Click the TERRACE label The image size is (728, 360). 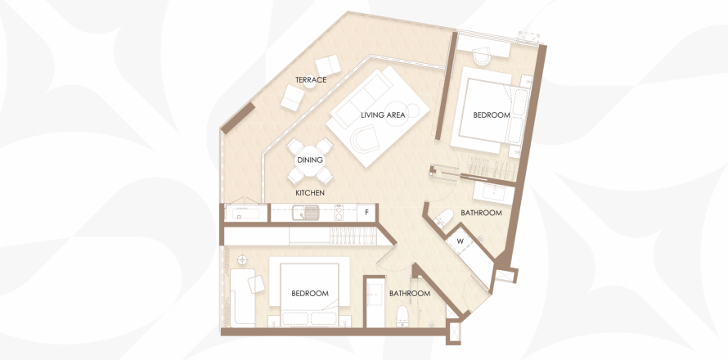311,80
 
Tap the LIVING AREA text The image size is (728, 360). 383,115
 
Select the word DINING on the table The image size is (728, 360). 310,160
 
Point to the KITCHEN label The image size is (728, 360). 310,193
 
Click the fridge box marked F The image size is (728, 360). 366,213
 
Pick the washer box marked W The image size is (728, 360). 461,241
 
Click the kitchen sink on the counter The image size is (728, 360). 305,213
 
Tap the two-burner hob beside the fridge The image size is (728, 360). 339,213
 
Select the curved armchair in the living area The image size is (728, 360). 365,138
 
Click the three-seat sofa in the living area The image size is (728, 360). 363,98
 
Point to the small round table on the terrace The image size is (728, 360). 310,83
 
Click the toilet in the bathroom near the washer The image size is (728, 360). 444,218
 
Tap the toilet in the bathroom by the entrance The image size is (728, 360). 402,317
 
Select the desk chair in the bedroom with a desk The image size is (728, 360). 482,56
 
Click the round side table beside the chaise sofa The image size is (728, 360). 240,259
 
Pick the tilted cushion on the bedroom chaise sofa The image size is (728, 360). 256,284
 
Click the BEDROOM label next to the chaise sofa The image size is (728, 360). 310,294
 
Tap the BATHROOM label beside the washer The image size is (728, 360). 482,213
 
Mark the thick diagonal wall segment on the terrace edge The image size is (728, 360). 238,118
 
